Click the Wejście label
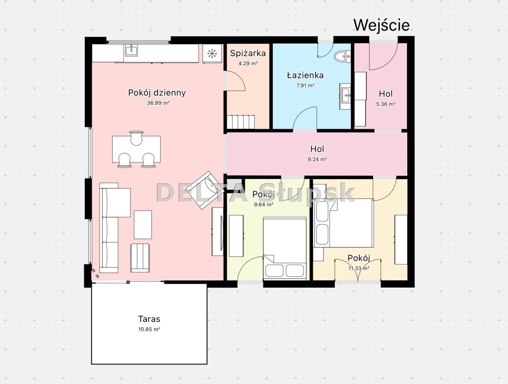382,26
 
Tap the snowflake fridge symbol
212,54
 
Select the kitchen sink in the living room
132,50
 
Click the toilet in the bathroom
342,56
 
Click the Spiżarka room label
248,54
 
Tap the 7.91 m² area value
305,85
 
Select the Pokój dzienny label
157,93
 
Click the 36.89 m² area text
158,103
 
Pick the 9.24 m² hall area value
317,159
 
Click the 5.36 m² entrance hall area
386,104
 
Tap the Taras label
149,319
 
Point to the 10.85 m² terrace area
149,329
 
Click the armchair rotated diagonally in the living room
205,190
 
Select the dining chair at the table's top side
136,138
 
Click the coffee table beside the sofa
143,225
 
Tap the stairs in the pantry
241,122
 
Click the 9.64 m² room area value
264,204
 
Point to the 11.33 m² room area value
359,268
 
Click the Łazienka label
305,75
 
